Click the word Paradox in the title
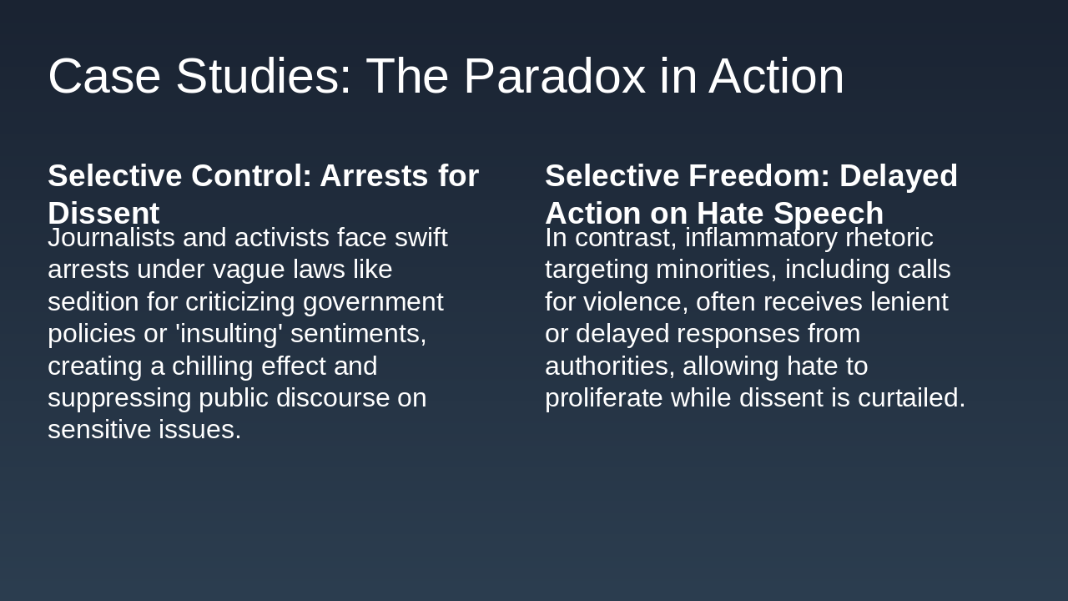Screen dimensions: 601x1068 click(554, 77)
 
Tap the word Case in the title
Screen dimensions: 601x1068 click(104, 77)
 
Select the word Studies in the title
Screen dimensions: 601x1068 click(264, 77)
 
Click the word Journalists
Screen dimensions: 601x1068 click(111, 238)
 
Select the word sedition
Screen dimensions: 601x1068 click(93, 302)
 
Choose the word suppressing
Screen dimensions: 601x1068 click(119, 398)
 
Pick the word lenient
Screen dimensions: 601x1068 click(909, 302)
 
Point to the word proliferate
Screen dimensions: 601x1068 click(604, 398)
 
